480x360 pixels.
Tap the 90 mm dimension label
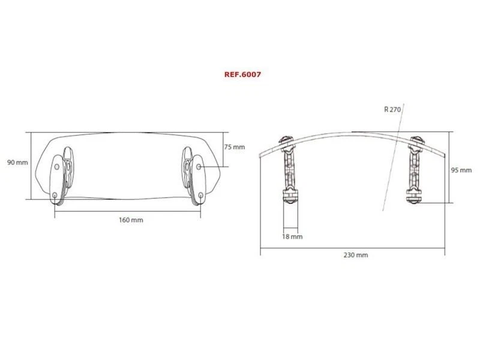[18, 163]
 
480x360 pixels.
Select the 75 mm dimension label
[235, 147]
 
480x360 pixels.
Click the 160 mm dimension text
[131, 220]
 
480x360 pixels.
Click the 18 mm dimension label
[292, 237]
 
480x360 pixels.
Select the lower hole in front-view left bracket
[55, 196]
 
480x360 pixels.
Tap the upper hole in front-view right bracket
[199, 163]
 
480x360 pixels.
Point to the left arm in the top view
[286, 171]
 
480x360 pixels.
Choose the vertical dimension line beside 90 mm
[32, 164]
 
